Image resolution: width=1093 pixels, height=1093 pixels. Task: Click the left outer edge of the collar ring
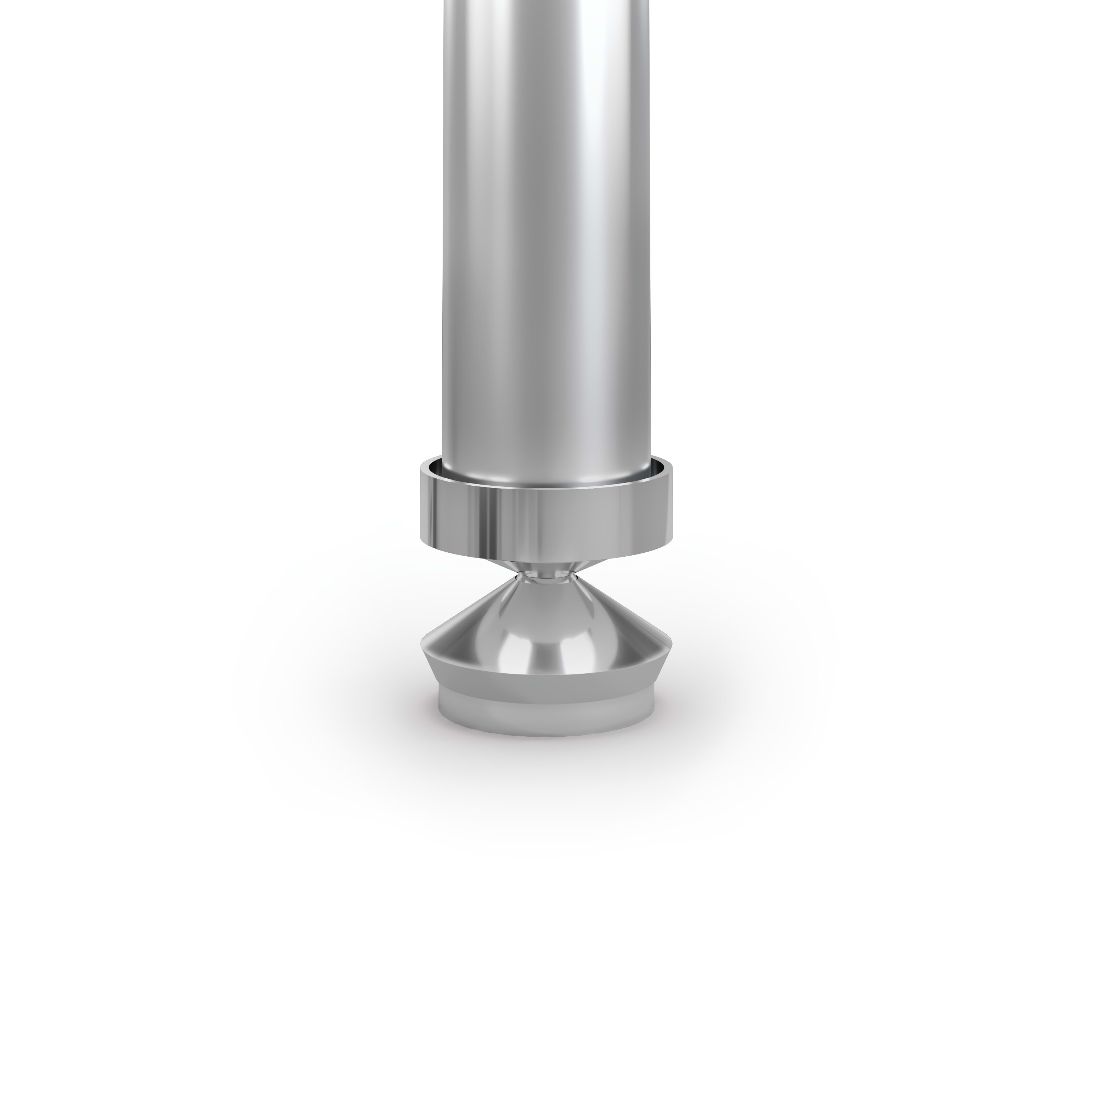(421, 504)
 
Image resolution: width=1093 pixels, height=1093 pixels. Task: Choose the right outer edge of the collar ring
(673, 504)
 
